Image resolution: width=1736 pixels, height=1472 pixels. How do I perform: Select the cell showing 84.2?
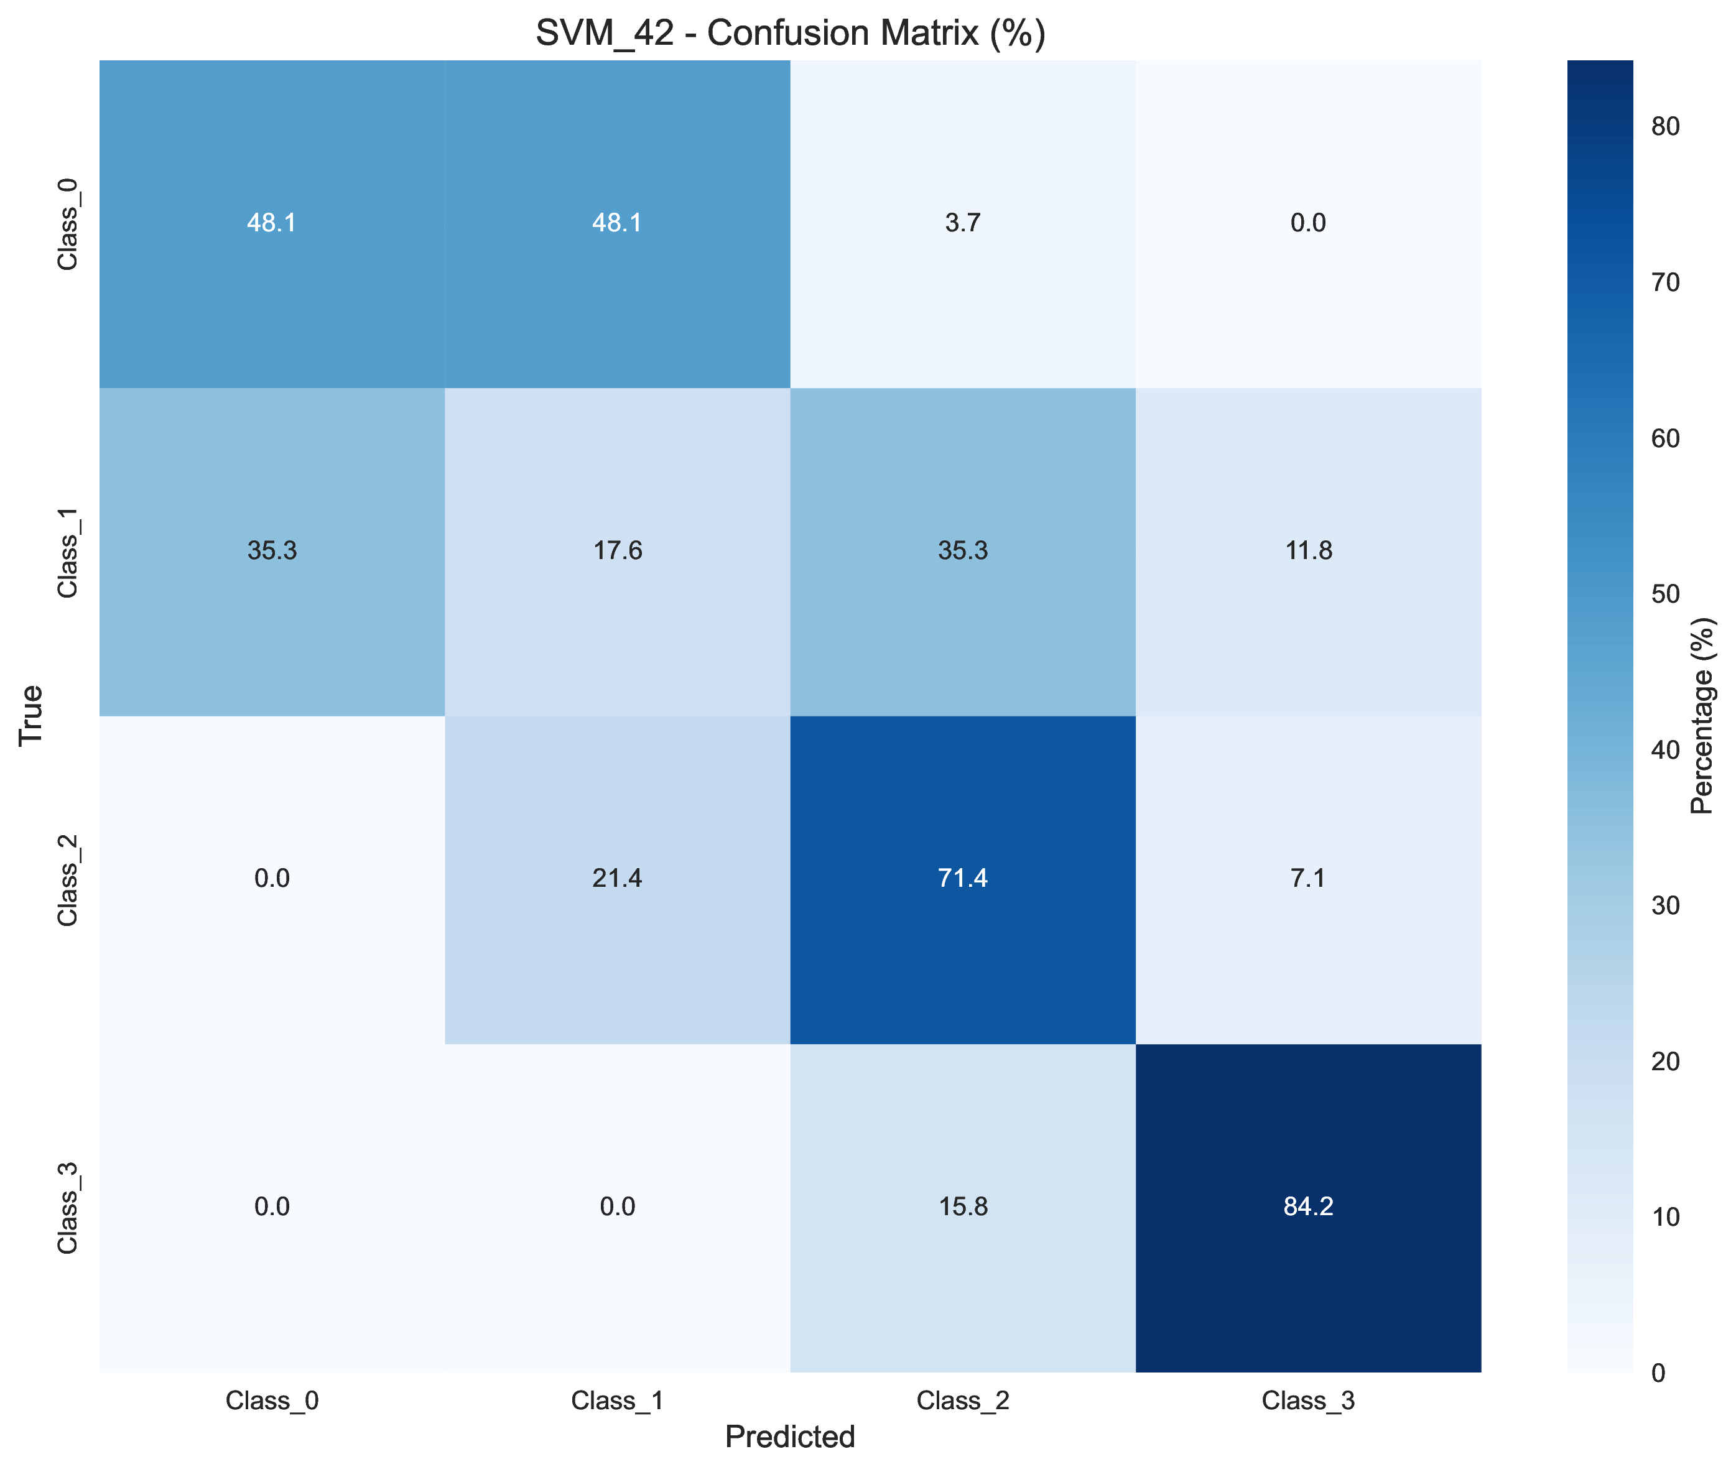click(1308, 1206)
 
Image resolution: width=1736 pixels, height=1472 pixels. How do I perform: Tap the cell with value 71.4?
click(962, 879)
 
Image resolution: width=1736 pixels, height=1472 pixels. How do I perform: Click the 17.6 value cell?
click(617, 552)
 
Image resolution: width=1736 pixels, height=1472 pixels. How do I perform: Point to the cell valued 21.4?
click(617, 879)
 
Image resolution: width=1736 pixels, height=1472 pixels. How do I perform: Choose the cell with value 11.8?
click(1308, 552)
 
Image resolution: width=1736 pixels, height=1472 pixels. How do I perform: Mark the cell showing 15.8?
click(962, 1206)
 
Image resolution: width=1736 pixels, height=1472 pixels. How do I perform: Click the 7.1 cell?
click(1308, 879)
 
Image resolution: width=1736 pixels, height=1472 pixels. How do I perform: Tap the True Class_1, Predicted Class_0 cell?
click(272, 552)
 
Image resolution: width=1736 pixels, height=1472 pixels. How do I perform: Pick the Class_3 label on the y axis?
click(68, 1206)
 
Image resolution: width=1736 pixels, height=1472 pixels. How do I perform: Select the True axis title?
click(31, 715)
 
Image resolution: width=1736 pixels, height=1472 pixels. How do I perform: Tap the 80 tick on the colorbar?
click(1665, 126)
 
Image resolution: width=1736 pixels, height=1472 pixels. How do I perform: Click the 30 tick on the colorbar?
click(1665, 905)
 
